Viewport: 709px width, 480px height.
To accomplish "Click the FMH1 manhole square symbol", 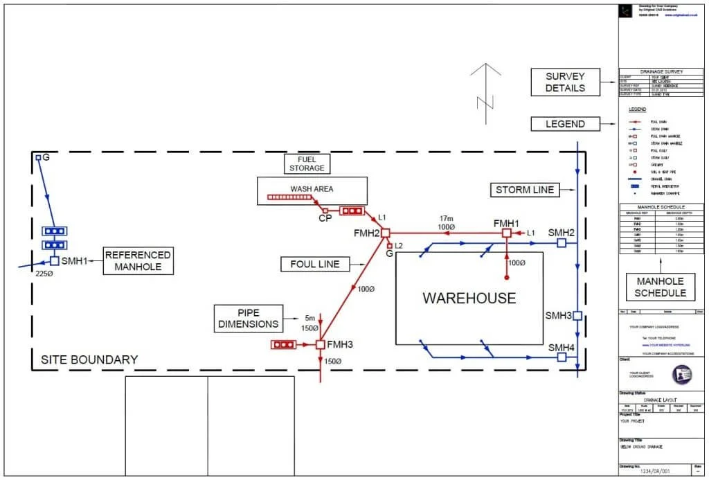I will click(x=506, y=233).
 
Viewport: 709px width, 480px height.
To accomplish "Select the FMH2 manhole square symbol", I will click(x=386, y=233).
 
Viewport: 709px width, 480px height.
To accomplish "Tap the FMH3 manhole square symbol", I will click(x=321, y=344).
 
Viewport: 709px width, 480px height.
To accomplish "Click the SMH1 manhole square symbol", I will click(x=55, y=261).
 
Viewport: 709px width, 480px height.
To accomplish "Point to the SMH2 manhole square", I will click(x=562, y=243).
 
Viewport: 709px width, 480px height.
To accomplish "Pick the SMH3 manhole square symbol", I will click(x=577, y=316).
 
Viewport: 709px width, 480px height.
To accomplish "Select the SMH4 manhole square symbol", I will click(x=562, y=357).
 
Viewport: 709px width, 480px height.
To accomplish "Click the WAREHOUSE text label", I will click(x=469, y=299).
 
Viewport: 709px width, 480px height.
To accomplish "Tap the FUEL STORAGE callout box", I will click(x=306, y=163).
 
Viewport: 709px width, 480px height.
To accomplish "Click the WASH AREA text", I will click(x=312, y=189).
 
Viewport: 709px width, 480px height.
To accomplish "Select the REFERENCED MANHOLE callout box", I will click(x=138, y=261).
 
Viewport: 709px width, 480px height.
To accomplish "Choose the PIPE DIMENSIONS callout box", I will click(x=248, y=318).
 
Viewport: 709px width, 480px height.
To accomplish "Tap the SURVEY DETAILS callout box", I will click(x=565, y=82).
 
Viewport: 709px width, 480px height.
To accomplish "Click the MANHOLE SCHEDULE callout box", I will click(x=661, y=287).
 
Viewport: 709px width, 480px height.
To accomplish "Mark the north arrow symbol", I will click(x=485, y=90).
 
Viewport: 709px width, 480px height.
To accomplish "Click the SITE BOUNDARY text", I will click(x=89, y=360).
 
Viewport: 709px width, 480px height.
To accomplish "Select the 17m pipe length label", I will click(x=445, y=218).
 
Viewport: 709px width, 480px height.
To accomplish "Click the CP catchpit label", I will click(x=324, y=218).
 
